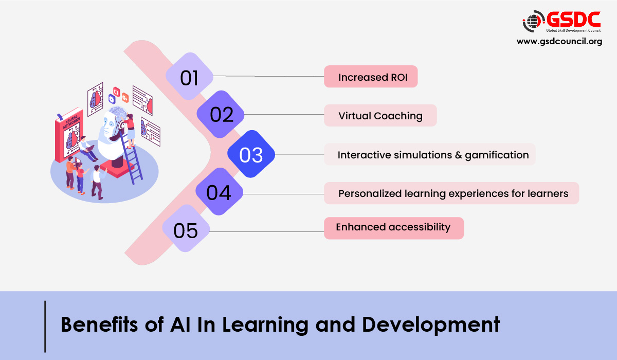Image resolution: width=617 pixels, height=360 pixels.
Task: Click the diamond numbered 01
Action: [189, 77]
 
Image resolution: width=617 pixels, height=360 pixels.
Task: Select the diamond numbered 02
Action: [222, 115]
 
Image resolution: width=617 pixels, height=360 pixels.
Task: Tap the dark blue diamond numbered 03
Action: [251, 154]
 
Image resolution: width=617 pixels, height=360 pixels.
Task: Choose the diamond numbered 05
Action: [186, 229]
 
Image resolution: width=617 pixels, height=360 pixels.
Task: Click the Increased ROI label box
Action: [370, 77]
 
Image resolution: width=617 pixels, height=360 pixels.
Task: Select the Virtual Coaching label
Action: [380, 116]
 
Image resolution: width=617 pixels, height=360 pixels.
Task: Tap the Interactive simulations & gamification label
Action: [430, 154]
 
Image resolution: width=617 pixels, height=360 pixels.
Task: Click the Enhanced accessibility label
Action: [393, 227]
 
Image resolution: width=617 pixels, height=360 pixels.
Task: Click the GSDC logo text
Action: [573, 20]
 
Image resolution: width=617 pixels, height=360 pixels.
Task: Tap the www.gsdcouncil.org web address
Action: [559, 42]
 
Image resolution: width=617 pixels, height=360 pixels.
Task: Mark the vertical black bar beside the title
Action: [46, 326]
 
